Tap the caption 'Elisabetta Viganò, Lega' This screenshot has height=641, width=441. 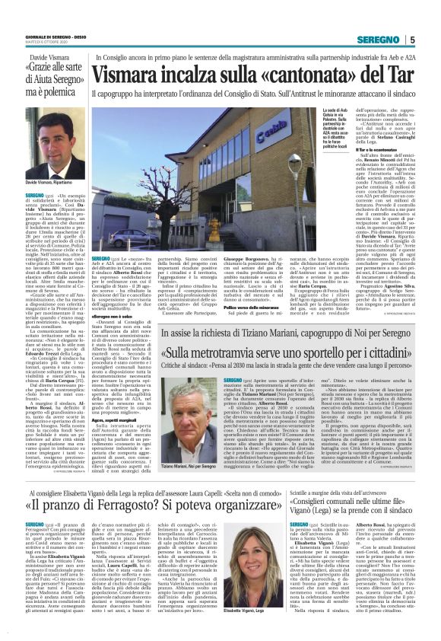(x=243, y=611)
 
